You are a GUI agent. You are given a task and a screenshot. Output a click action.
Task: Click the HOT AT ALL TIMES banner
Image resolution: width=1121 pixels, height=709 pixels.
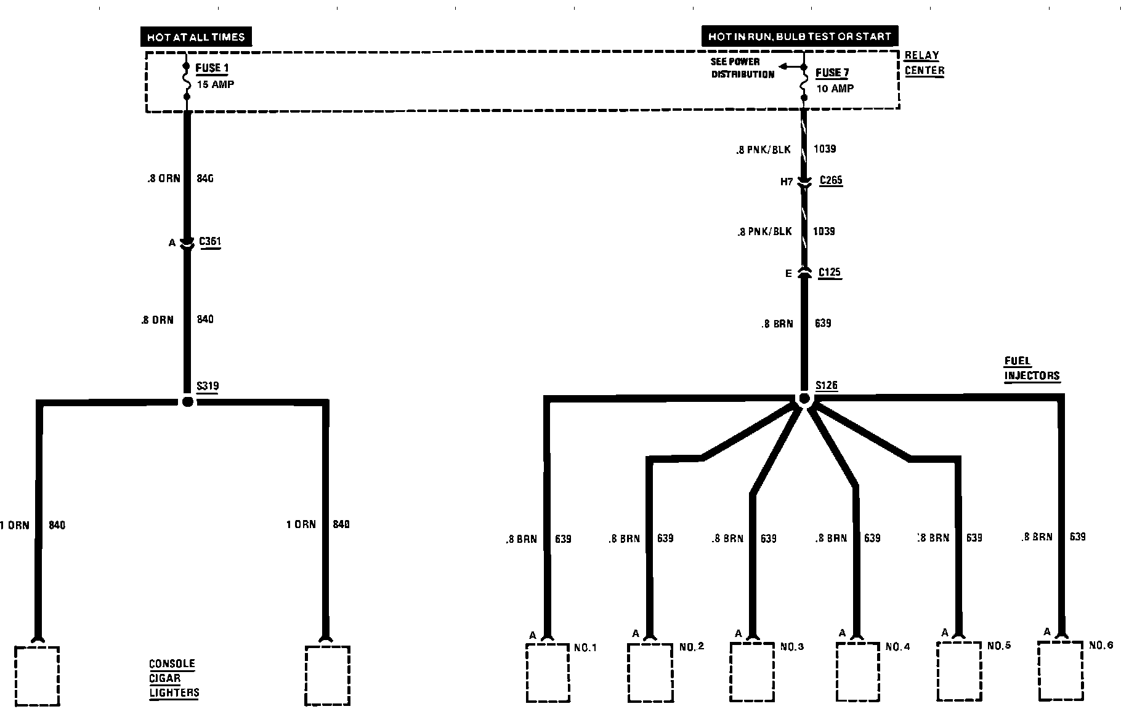tap(196, 37)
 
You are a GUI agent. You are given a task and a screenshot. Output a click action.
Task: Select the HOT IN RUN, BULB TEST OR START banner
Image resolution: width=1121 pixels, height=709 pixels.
tap(799, 36)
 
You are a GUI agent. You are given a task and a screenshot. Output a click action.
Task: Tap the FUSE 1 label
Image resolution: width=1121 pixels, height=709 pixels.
tap(212, 68)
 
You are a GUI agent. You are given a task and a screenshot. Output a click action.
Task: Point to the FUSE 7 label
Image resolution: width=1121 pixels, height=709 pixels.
tap(832, 73)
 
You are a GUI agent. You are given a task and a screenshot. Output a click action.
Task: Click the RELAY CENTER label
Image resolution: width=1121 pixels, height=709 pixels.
tap(924, 63)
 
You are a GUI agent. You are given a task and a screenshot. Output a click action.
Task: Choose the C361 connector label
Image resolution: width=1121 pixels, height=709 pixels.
tap(210, 242)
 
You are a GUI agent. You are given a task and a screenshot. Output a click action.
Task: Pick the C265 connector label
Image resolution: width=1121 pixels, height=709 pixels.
tap(831, 181)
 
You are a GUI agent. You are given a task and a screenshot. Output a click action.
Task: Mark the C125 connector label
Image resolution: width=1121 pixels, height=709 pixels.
tap(830, 273)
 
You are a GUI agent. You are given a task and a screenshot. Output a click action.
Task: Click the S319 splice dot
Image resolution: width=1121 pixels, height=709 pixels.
tap(188, 402)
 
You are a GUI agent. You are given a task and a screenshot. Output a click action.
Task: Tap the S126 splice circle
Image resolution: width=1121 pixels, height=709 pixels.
tap(804, 399)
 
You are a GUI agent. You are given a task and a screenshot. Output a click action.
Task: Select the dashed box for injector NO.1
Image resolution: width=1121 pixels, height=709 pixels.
tap(548, 672)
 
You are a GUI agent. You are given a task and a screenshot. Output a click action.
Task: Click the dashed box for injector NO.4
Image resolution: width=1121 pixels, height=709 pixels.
tap(857, 672)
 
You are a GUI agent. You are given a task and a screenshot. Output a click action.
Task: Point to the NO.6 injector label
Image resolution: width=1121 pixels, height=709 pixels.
tap(1101, 646)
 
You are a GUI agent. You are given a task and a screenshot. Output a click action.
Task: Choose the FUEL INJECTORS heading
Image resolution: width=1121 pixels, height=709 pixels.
tap(1032, 369)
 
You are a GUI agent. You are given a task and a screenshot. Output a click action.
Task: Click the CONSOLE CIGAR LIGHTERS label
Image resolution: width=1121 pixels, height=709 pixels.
tap(174, 678)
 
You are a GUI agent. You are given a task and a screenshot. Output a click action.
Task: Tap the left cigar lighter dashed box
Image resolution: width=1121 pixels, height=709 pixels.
tap(37, 676)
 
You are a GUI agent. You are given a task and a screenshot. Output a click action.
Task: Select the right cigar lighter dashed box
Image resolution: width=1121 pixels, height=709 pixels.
tap(328, 676)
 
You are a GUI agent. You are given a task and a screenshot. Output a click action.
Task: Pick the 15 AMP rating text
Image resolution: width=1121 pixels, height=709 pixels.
tap(215, 84)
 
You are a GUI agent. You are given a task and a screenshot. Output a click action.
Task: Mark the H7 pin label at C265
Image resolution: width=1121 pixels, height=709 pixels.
tap(787, 182)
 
